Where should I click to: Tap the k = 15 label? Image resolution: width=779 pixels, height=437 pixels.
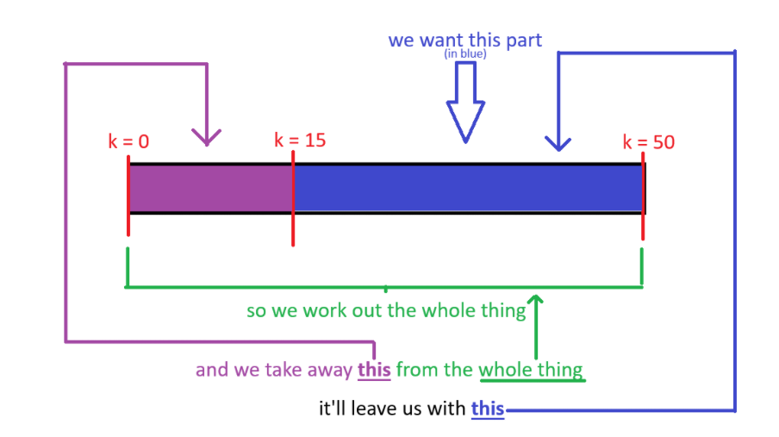click(300, 140)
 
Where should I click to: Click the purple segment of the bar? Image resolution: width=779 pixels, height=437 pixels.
click(210, 188)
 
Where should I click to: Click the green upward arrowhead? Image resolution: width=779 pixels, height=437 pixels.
click(536, 301)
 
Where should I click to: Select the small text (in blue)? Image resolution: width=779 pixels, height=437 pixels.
click(465, 54)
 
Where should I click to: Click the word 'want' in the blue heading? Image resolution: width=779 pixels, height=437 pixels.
click(445, 41)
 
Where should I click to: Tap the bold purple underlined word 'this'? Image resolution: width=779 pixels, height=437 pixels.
click(374, 371)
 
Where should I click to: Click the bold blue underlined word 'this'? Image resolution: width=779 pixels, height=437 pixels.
click(487, 408)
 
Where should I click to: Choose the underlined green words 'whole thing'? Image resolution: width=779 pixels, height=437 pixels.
click(531, 371)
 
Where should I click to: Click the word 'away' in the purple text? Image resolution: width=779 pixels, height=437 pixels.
click(330, 371)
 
